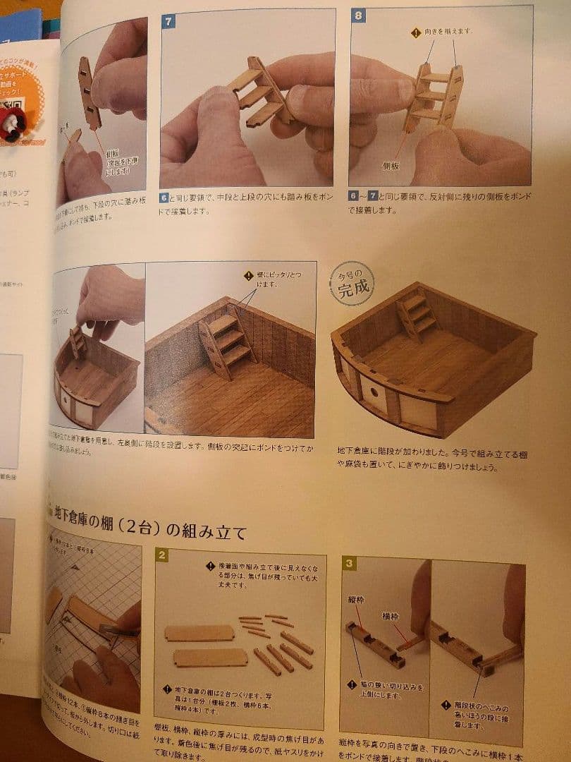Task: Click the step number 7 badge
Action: [168, 21]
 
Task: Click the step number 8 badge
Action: [358, 16]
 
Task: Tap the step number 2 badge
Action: [162, 555]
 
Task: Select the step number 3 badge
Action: [349, 562]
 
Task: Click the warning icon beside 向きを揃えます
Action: [416, 32]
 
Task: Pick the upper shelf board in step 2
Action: [199, 632]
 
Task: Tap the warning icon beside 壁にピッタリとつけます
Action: [247, 276]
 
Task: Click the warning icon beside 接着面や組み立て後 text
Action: [210, 566]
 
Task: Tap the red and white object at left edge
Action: [12, 124]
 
